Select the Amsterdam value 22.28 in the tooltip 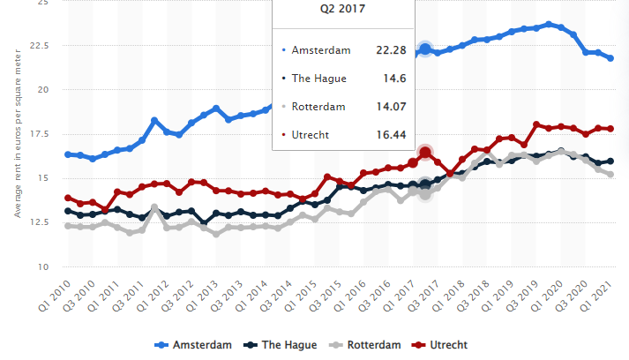389,50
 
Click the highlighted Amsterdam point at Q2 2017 425,49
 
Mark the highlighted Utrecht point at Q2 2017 425,153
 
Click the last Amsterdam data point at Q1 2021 610,57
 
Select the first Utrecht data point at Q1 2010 69,199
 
